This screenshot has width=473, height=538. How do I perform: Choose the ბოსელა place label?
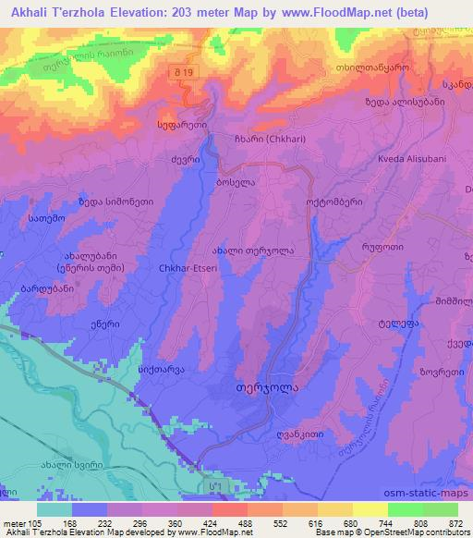pos(236,183)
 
